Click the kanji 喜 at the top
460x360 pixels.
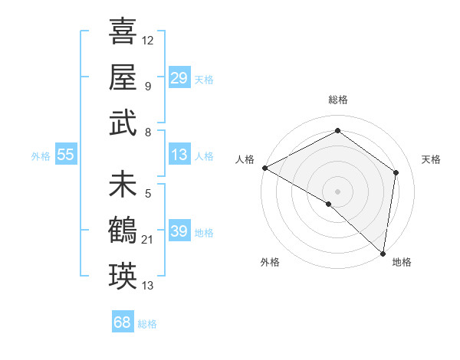pos(123,32)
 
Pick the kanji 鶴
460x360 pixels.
pos(123,230)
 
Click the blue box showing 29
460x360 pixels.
pos(179,78)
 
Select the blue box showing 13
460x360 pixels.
pos(179,155)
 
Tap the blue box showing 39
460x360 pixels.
pos(179,231)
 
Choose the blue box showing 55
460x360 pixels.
pos(65,155)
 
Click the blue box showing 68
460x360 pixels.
pos(122,322)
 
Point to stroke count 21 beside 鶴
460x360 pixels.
pos(148,241)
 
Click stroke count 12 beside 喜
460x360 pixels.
pos(148,40)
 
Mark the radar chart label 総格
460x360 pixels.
pos(338,100)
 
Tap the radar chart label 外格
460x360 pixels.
pos(270,262)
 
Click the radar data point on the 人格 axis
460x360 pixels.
pos(264,168)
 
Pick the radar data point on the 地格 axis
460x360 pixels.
pos(383,253)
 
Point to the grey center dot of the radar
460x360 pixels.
pos(337,191)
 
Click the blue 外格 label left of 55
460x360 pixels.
pos(41,156)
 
